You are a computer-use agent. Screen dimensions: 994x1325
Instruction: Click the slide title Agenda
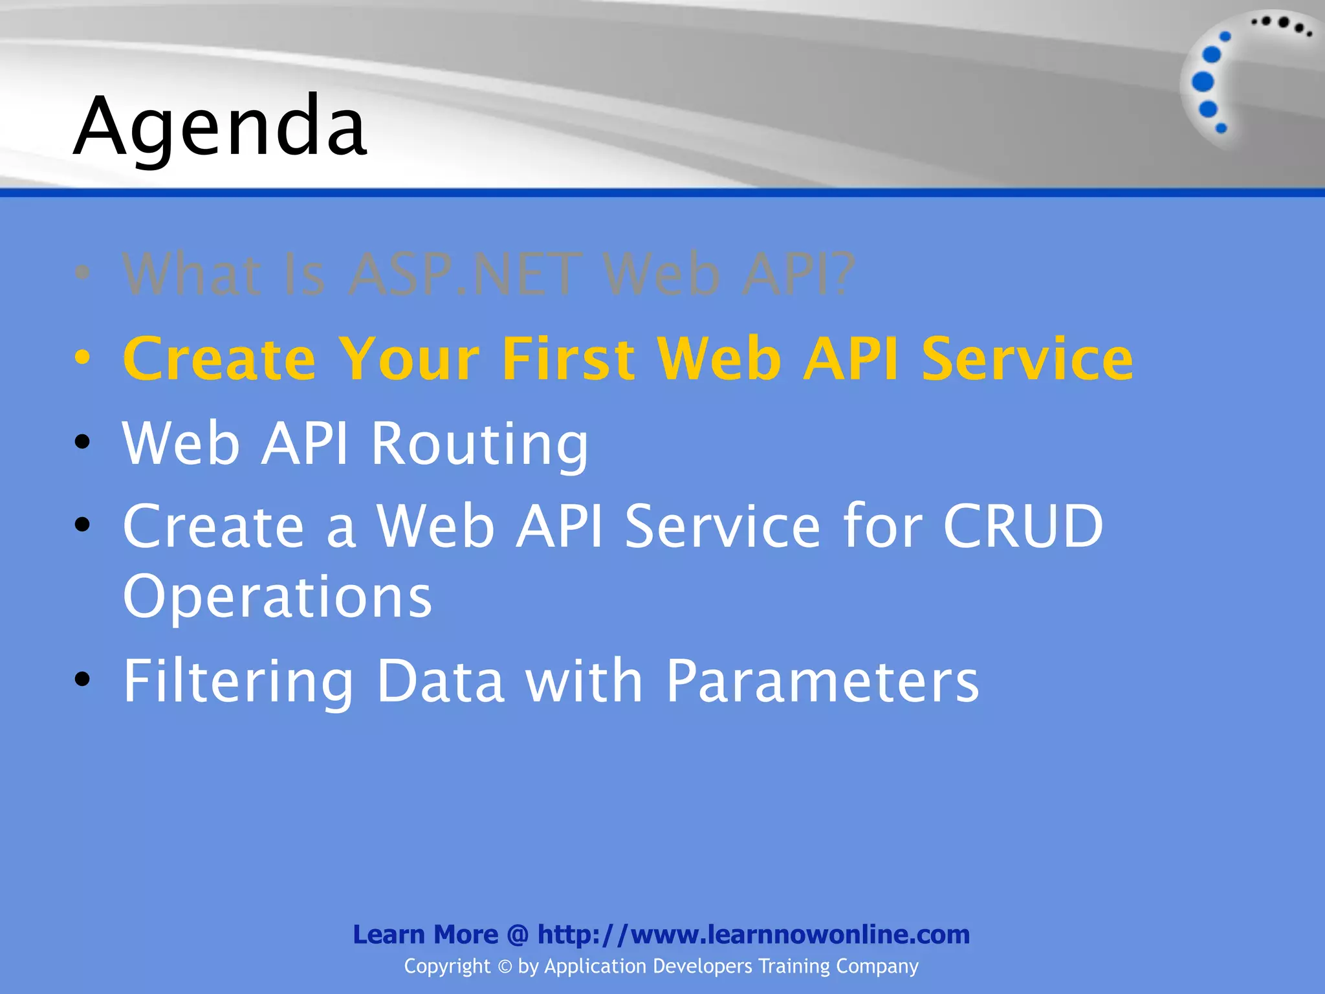point(220,126)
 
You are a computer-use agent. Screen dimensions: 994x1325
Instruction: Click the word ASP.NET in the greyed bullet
point(465,275)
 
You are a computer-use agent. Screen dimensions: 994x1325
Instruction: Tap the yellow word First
point(568,359)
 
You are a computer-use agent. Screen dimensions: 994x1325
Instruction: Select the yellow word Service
point(1027,359)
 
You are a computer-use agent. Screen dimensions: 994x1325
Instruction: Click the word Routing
point(479,445)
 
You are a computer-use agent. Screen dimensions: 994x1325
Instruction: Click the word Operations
point(277,597)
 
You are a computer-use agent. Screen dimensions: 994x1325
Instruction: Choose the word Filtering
point(238,682)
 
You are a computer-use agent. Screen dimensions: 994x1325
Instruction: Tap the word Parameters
point(822,681)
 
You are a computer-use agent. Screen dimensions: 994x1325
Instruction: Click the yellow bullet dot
point(82,357)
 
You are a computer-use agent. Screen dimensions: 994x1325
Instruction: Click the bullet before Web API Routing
point(82,442)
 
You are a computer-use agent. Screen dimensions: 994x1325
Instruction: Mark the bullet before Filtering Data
point(82,679)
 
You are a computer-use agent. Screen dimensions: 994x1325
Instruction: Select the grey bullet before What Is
point(82,272)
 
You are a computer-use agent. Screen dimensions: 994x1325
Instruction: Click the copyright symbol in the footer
point(505,967)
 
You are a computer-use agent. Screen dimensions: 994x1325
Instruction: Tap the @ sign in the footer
point(518,935)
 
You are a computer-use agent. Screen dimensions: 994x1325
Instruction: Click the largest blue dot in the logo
point(1203,82)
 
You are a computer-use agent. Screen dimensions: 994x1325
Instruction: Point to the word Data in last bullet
point(441,681)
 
